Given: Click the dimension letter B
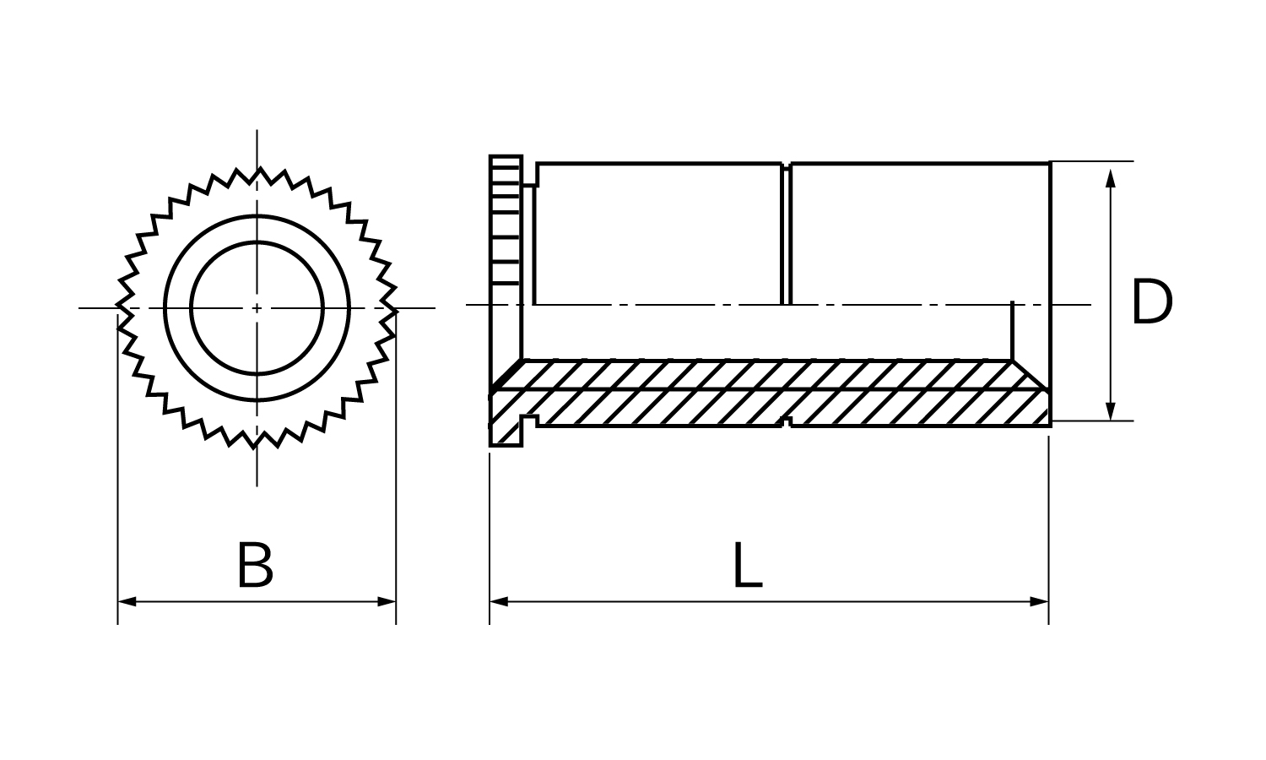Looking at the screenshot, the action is tap(256, 565).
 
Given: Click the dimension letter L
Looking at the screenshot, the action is tap(747, 565).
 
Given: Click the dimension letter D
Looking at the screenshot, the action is tap(1152, 302).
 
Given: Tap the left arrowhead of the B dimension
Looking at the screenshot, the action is tap(127, 601).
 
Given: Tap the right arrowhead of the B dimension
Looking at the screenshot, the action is tap(387, 601).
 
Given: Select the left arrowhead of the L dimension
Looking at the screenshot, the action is tap(499, 601).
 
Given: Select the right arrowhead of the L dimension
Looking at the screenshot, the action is tap(1039, 601).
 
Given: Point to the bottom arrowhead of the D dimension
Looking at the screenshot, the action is tap(1110, 411).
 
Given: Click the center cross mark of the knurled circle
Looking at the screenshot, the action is tap(257, 308).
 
